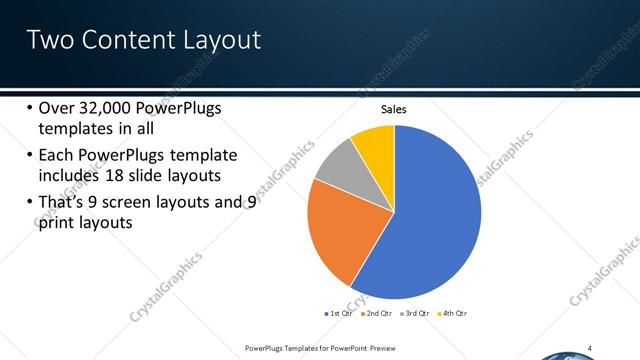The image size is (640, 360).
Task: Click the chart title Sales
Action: [x=393, y=109]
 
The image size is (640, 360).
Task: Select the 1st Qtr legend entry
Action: [x=340, y=314]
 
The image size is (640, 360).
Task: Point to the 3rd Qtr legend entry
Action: [x=414, y=314]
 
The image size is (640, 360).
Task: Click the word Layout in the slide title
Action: [x=216, y=40]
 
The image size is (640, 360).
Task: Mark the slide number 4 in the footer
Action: [x=589, y=348]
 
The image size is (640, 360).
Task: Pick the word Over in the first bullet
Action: [x=56, y=109]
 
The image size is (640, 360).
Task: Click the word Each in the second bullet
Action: [x=56, y=155]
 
